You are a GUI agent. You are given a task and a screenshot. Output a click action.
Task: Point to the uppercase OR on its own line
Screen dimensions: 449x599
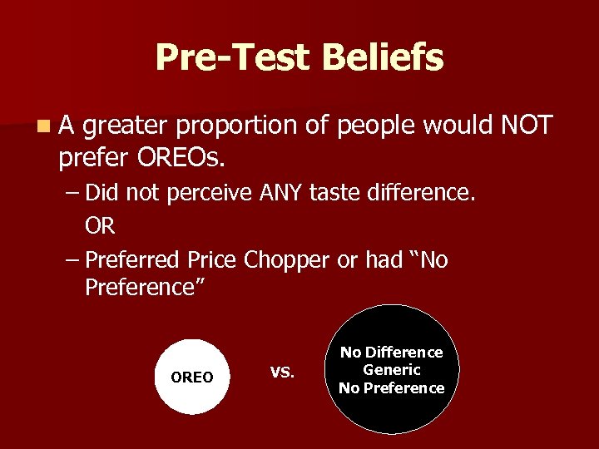(x=100, y=225)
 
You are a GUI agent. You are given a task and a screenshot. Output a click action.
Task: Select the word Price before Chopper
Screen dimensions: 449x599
(x=211, y=260)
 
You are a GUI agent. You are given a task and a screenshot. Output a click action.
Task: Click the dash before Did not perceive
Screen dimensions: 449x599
(x=72, y=193)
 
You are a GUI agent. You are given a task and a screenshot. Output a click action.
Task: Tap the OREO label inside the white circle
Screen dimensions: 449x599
(x=191, y=377)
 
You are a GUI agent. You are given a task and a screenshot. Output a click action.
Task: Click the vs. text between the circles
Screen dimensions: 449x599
(x=282, y=371)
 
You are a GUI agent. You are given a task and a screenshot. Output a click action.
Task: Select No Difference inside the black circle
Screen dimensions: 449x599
(x=392, y=353)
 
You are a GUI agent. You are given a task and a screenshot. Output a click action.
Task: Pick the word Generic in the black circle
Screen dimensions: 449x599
(x=392, y=370)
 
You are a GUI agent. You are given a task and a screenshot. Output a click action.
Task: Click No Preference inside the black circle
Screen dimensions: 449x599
(x=392, y=387)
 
